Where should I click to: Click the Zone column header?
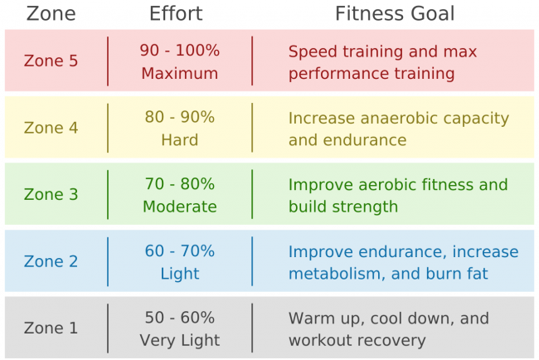(51, 13)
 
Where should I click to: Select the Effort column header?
(175, 13)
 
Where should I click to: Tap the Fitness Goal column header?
(395, 13)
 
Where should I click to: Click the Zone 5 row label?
(51, 61)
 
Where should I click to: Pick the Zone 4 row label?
(51, 128)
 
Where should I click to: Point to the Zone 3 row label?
(51, 195)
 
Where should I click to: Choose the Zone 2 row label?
(51, 261)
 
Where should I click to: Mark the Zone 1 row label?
(51, 328)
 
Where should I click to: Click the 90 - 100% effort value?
(180, 51)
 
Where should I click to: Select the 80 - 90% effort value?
(180, 117)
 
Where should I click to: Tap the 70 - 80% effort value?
(180, 184)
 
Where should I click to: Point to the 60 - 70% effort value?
(180, 251)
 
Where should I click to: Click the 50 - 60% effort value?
(180, 318)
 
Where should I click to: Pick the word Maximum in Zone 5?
(180, 73)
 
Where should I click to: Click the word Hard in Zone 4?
(180, 140)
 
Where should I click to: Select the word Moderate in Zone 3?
(180, 207)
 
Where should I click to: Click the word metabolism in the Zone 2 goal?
(333, 274)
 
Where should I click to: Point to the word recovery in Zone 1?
(392, 340)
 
